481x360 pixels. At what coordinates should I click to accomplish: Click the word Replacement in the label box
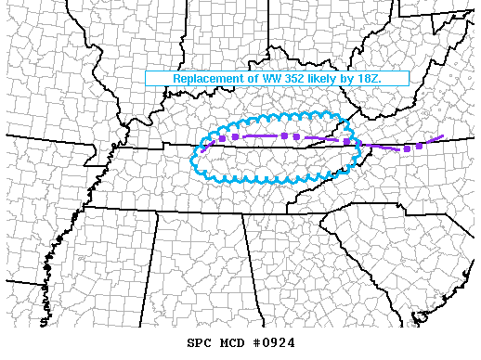pyautogui.click(x=208, y=79)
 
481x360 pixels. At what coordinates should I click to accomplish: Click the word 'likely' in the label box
pyautogui.click(x=335, y=79)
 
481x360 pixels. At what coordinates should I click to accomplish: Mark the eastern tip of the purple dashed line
pyautogui.click(x=444, y=136)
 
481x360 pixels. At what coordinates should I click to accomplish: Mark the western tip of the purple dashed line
pyautogui.click(x=199, y=150)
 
